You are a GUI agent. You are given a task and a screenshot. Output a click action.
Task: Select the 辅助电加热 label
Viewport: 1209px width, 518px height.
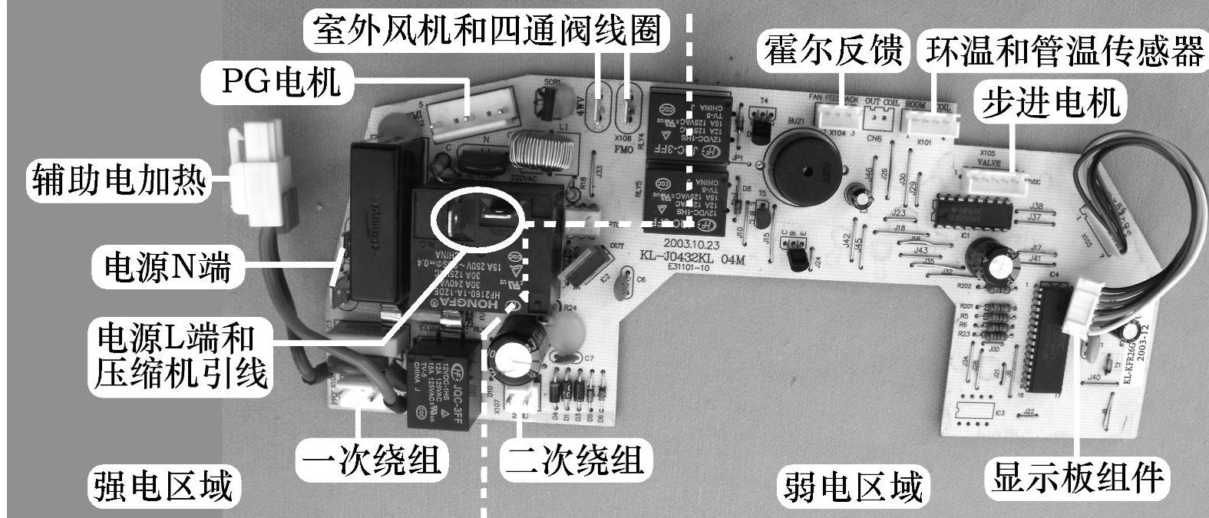118,180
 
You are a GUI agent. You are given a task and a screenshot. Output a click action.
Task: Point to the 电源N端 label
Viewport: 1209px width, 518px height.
167,269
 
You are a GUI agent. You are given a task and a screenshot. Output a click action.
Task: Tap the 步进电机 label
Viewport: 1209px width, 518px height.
1049,104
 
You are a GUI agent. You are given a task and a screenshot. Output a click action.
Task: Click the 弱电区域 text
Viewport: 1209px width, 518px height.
852,485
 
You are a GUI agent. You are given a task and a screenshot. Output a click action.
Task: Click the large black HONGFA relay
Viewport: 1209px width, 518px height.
472,257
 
